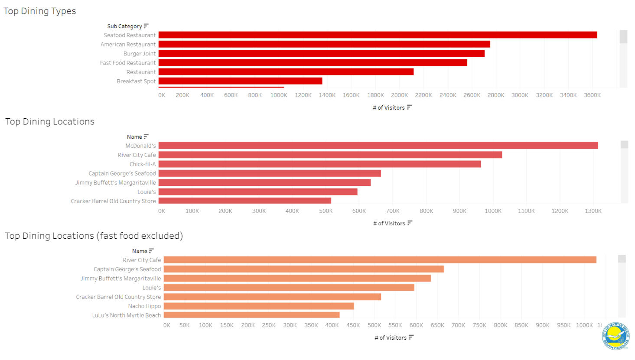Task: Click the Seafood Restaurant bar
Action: (x=378, y=35)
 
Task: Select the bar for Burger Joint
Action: (x=321, y=53)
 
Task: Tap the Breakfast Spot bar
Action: (x=240, y=81)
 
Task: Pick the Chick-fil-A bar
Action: (x=319, y=164)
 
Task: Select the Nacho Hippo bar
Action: (x=259, y=306)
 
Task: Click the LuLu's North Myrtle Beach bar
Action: (x=251, y=315)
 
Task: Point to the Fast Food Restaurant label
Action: (x=128, y=63)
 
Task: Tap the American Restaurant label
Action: (x=128, y=45)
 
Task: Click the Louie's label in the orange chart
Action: (x=152, y=288)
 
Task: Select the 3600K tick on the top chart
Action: (x=592, y=95)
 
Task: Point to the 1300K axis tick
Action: (x=593, y=211)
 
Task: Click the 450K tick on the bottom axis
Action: (x=353, y=325)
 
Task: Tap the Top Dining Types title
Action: (x=40, y=11)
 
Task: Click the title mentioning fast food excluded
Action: (x=94, y=236)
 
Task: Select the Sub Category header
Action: (x=124, y=26)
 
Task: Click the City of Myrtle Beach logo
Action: (x=615, y=336)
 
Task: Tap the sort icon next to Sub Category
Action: (x=146, y=26)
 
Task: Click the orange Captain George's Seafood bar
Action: (x=303, y=269)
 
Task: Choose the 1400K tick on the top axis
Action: (x=327, y=95)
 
